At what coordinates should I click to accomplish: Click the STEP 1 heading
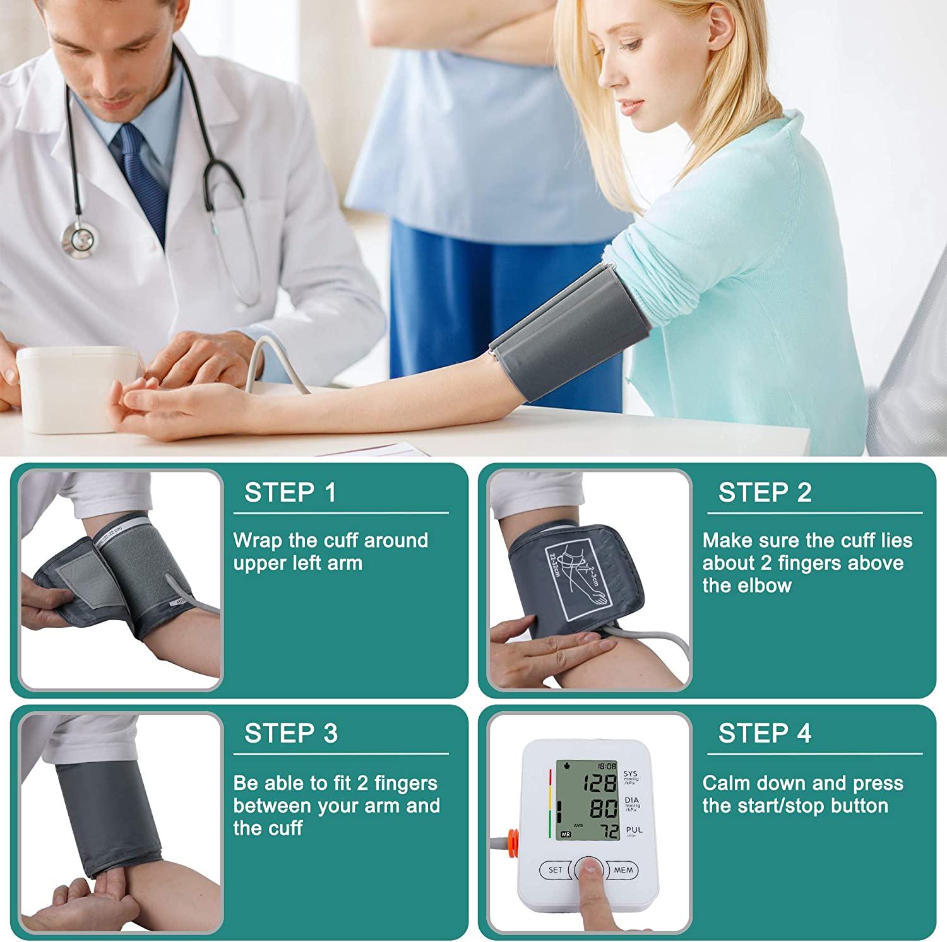click(290, 493)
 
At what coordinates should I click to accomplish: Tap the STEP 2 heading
click(765, 493)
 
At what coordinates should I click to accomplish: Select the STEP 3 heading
click(290, 733)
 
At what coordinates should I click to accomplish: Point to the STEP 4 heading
click(765, 733)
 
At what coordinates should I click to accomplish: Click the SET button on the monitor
click(555, 870)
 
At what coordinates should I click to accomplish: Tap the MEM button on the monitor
click(622, 870)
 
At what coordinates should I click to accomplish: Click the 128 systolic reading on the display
click(599, 784)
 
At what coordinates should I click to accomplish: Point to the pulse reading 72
click(609, 832)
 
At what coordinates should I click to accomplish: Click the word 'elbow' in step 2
click(764, 586)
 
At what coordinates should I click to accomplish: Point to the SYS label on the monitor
click(630, 774)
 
